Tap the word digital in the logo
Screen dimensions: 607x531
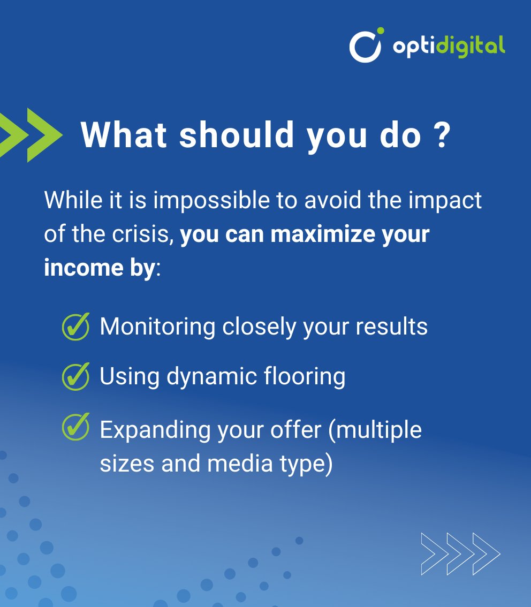471,46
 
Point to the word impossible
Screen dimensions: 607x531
211,200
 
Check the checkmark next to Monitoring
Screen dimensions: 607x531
76,327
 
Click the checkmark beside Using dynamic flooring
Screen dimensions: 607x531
76,376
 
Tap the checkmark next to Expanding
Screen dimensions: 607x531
76,428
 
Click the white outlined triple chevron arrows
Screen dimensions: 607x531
460,553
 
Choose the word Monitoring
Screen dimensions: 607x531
157,327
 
